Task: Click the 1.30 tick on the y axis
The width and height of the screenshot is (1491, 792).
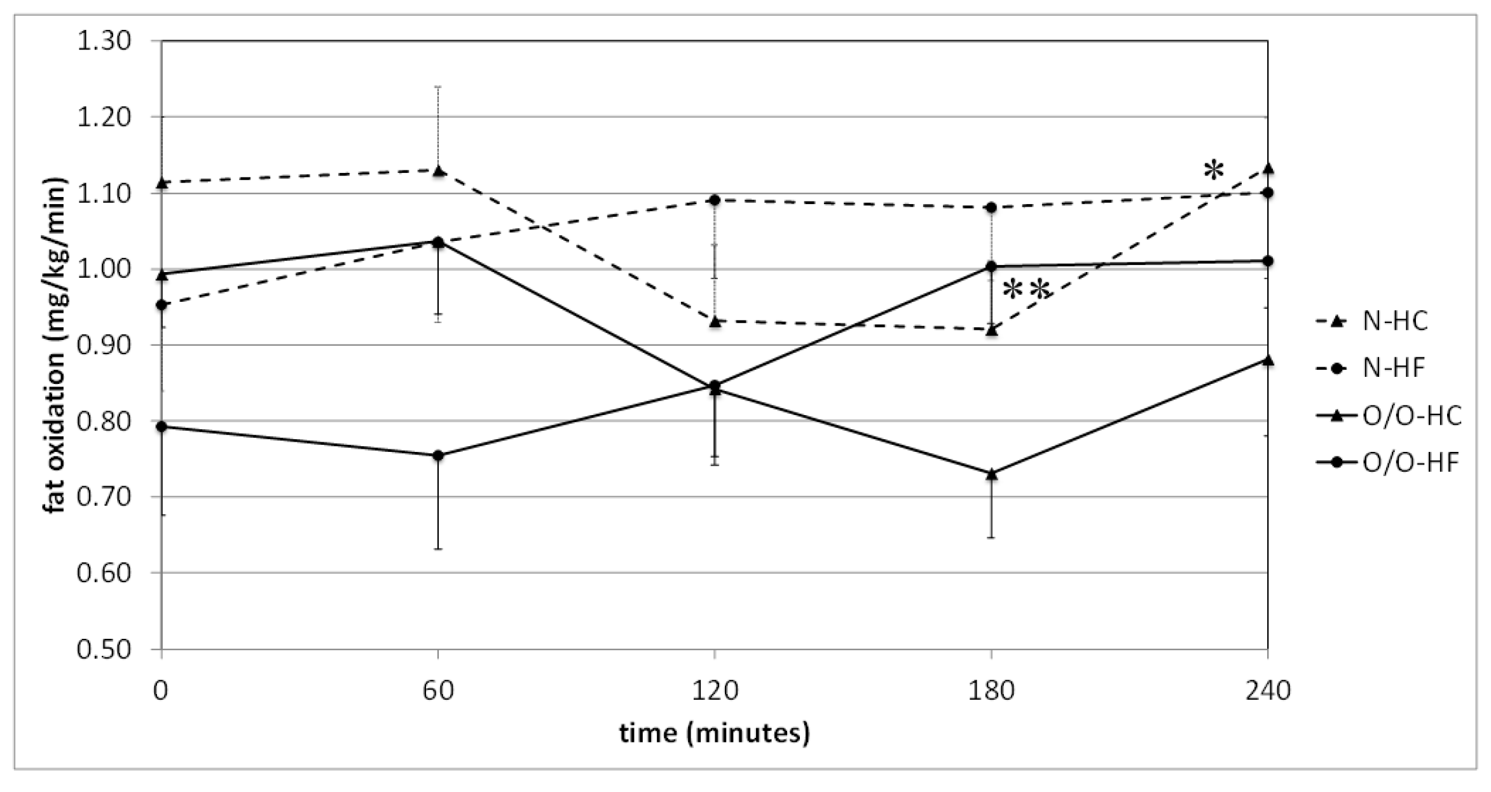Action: coord(104,41)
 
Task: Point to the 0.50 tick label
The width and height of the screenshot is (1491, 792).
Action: coord(104,649)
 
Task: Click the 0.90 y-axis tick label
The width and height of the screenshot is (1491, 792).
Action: coord(104,345)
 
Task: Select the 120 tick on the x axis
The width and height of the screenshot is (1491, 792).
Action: coord(714,690)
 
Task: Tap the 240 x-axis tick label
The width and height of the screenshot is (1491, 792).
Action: coord(1267,690)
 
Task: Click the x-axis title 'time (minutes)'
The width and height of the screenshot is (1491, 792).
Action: coord(714,733)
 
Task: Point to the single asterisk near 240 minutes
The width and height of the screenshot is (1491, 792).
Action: coord(1213,170)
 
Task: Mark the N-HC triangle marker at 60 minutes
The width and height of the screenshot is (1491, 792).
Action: coord(438,170)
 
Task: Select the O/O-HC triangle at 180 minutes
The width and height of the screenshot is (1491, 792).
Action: coord(991,474)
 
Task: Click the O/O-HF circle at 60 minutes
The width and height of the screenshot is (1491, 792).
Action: coord(438,456)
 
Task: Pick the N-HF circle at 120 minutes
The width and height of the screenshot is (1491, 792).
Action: coord(714,200)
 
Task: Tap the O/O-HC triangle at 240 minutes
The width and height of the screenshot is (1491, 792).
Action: coord(1267,360)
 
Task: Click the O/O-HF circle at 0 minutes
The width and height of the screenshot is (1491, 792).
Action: coord(162,427)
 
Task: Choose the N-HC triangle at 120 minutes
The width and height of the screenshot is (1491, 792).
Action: coord(714,322)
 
